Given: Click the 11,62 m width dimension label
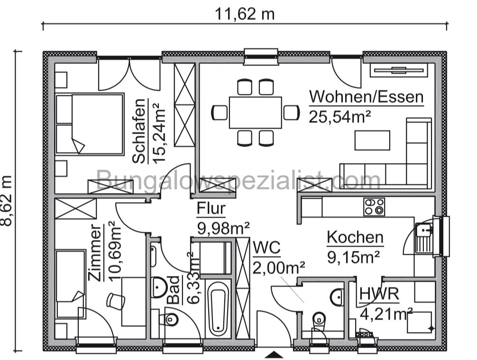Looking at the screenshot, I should [245, 14].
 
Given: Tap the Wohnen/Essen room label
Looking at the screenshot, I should [366, 97].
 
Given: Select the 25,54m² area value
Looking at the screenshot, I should [339, 116].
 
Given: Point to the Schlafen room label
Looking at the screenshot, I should [139, 131].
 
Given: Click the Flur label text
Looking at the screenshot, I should [211, 209].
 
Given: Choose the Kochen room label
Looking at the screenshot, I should [355, 237].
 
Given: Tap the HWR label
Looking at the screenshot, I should [379, 294].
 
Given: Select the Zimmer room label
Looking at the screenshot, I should [96, 254].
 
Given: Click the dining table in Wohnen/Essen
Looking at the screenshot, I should [255, 112].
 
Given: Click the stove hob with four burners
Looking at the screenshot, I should [374, 207].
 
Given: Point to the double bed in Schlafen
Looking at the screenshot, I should [90, 124].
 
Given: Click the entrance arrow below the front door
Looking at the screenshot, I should [274, 354].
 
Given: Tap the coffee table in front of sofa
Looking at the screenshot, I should [372, 140].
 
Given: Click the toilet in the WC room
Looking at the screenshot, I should [319, 318].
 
